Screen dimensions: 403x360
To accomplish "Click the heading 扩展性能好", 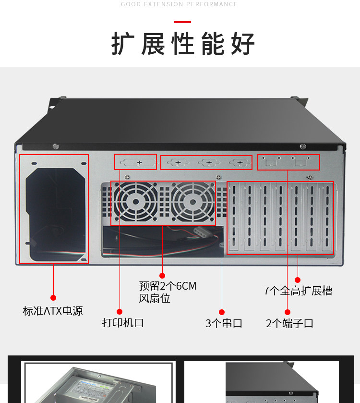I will pos(183,44).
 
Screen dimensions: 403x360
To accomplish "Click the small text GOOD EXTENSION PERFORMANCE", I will pos(179,4).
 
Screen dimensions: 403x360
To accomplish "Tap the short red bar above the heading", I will pos(182,22).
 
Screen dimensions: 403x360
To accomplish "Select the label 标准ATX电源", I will pos(53,311).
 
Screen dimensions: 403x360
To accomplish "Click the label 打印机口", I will pos(122,322).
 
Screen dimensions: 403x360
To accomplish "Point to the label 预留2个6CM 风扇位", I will pos(168,292).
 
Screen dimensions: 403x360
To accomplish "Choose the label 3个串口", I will pos(224,323).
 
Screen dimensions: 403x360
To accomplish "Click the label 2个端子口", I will pos(289,323).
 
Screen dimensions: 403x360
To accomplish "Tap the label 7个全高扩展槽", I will pos(298,291).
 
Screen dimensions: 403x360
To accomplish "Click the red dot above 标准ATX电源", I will pos(53,298).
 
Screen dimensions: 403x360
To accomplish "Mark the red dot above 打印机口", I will pos(120,312).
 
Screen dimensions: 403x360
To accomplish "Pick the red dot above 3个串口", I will pos(222,312).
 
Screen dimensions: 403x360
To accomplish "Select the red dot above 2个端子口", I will pos(288,312).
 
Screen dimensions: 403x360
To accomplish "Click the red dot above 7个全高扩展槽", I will pos(298,280).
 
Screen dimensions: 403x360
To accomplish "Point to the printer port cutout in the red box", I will pos(135,162).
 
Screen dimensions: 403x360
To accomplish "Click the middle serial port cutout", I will pos(207,163).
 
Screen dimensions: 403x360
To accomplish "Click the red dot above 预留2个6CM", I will pos(162,276).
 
